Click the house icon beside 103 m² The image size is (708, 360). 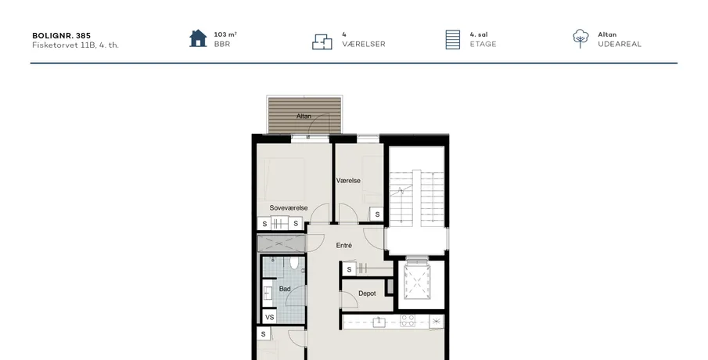tap(198, 38)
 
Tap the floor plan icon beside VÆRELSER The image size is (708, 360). tap(322, 41)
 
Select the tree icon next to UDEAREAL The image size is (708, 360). tap(580, 39)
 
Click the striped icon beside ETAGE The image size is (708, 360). tap(452, 40)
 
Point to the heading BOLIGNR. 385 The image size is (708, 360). tap(61, 35)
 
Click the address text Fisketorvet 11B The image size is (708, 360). tap(63, 45)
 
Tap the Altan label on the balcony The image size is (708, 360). tap(304, 116)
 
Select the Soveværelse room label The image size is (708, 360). tap(289, 207)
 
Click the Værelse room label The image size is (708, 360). tap(348, 181)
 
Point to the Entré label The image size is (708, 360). tap(343, 245)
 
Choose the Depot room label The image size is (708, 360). tap(367, 293)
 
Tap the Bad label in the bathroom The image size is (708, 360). tap(285, 289)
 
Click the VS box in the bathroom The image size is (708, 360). tap(270, 317)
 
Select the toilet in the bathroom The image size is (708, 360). tap(294, 263)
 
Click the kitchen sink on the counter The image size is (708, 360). tap(379, 322)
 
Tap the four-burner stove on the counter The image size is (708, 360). tap(408, 321)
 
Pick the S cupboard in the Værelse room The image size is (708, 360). tap(377, 214)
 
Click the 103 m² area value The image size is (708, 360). tap(225, 34)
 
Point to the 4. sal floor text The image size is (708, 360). tap(479, 34)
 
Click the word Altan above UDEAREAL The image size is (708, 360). tap(607, 34)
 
